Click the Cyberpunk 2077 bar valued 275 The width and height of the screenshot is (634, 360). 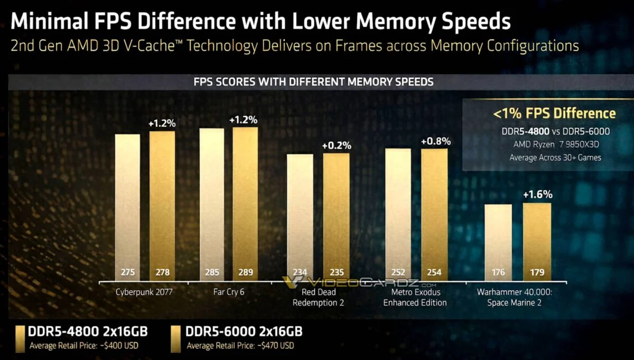[x=127, y=206]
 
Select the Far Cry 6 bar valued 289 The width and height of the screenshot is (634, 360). [x=245, y=204]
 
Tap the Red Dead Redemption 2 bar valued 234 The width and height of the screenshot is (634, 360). [x=300, y=217]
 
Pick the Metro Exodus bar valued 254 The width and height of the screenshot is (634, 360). [x=434, y=214]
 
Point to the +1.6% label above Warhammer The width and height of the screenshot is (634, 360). [x=537, y=195]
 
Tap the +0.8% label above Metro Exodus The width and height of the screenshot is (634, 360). [x=435, y=141]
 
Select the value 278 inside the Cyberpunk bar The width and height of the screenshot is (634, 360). [x=162, y=273]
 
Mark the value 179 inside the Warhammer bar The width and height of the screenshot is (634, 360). [x=537, y=273]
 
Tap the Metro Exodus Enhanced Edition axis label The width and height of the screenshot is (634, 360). [x=415, y=298]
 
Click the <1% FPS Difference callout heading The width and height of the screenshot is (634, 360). [x=554, y=113]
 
